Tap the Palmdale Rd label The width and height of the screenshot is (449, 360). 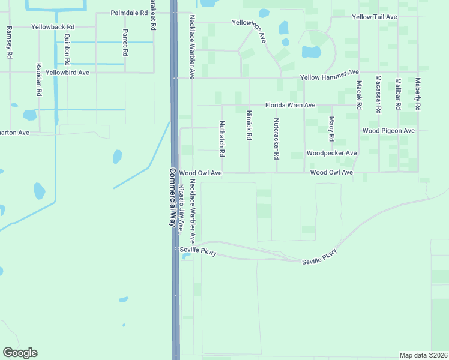pos(129,13)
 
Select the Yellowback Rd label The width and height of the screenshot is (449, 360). pos(53,27)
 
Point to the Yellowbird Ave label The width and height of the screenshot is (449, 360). pos(67,73)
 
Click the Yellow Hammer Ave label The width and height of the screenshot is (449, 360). pos(328,78)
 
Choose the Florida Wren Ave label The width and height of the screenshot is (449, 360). pos(287,105)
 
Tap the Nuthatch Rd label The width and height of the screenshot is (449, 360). pos(221,139)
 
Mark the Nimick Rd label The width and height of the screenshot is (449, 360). pos(248,128)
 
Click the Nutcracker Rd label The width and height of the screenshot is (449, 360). pos(276,139)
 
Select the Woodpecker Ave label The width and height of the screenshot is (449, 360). pos(331,153)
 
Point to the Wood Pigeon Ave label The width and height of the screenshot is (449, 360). pos(388,130)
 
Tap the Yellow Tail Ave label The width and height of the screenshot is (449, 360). pos(375,17)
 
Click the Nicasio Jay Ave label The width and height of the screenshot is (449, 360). pos(181,208)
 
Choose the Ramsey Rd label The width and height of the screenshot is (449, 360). pos(10,42)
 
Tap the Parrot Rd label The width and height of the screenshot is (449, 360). pos(125,42)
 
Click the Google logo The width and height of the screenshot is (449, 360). pos(20,353)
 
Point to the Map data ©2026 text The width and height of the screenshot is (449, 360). pos(423,355)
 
